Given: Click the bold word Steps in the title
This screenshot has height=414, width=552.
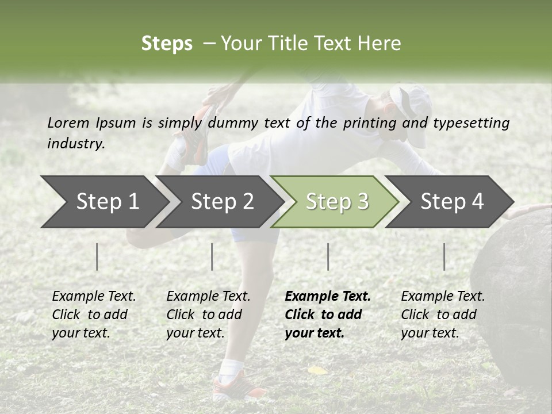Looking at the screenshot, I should click(x=167, y=43).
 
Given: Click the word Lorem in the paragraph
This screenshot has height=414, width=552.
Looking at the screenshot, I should click(x=68, y=122).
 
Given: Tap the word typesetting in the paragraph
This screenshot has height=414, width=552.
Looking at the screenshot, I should click(x=471, y=122).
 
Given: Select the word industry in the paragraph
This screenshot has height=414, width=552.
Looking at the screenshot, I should click(x=76, y=143).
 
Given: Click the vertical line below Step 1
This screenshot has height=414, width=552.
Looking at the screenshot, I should click(x=97, y=256).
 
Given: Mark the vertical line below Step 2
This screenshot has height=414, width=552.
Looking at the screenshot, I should click(x=212, y=256).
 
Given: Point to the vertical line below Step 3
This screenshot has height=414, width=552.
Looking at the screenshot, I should click(x=328, y=256).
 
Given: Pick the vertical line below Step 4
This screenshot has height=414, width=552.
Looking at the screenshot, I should click(x=444, y=256).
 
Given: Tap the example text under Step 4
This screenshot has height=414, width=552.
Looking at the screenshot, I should click(x=442, y=315).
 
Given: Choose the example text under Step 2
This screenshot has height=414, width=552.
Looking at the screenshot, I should click(x=208, y=315).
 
